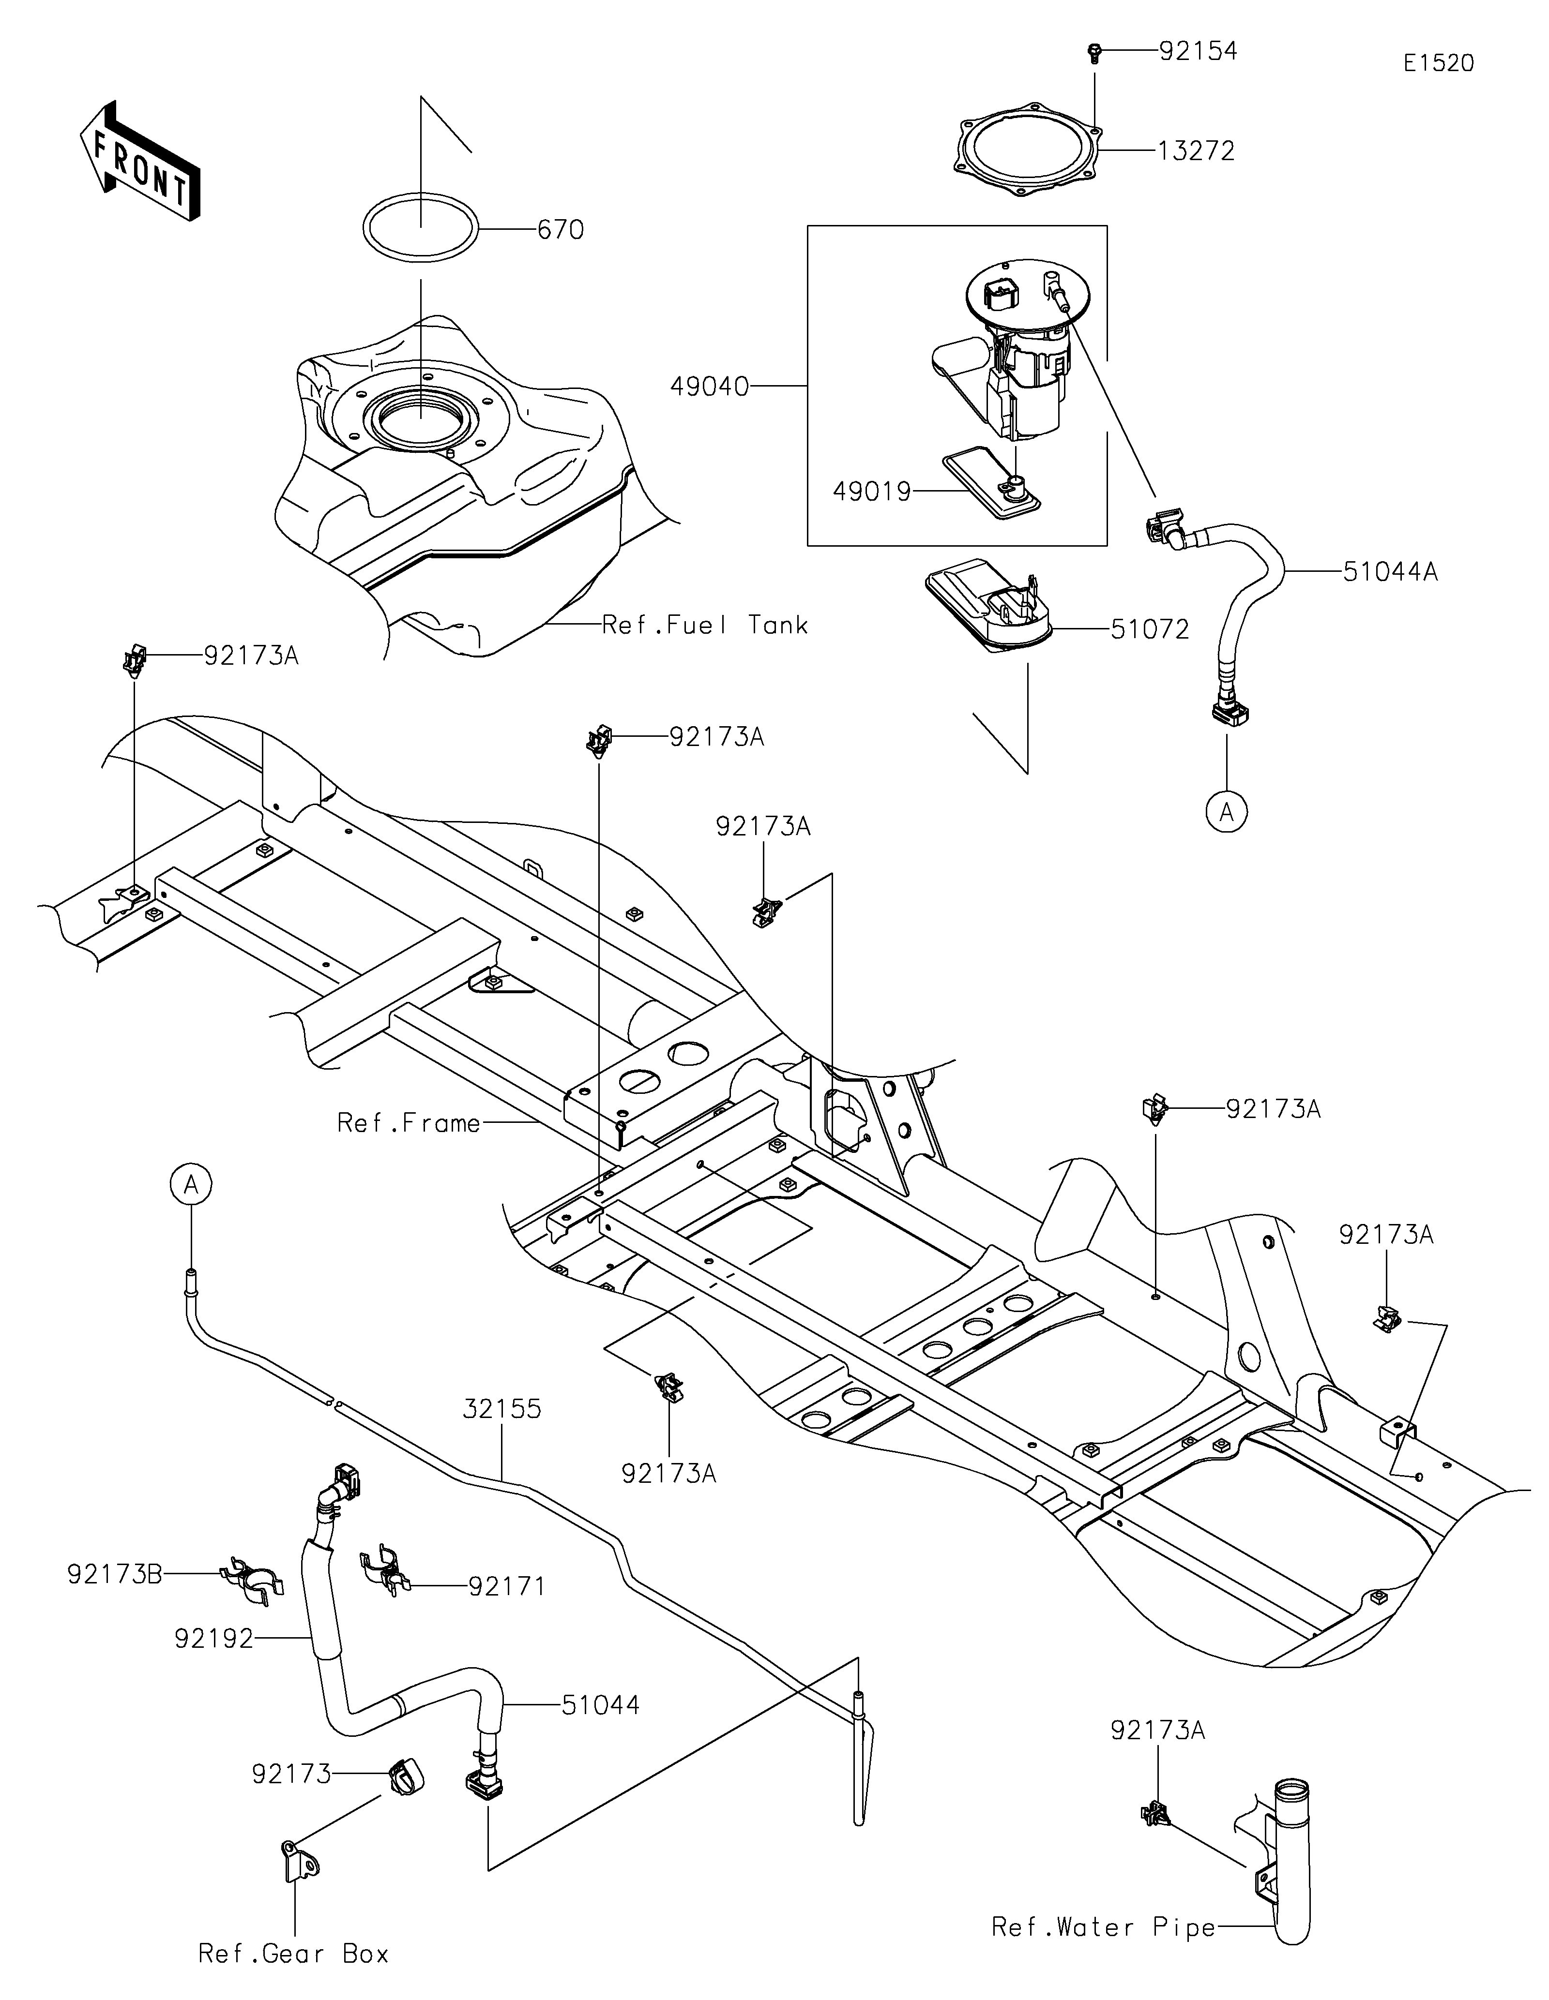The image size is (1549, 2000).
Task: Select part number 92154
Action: point(1198,51)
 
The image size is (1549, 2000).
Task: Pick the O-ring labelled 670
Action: point(421,229)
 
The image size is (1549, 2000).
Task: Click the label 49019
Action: point(872,492)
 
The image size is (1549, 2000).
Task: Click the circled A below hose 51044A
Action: point(1227,811)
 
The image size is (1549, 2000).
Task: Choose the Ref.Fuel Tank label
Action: point(705,626)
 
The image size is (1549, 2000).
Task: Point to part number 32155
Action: point(502,1408)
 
